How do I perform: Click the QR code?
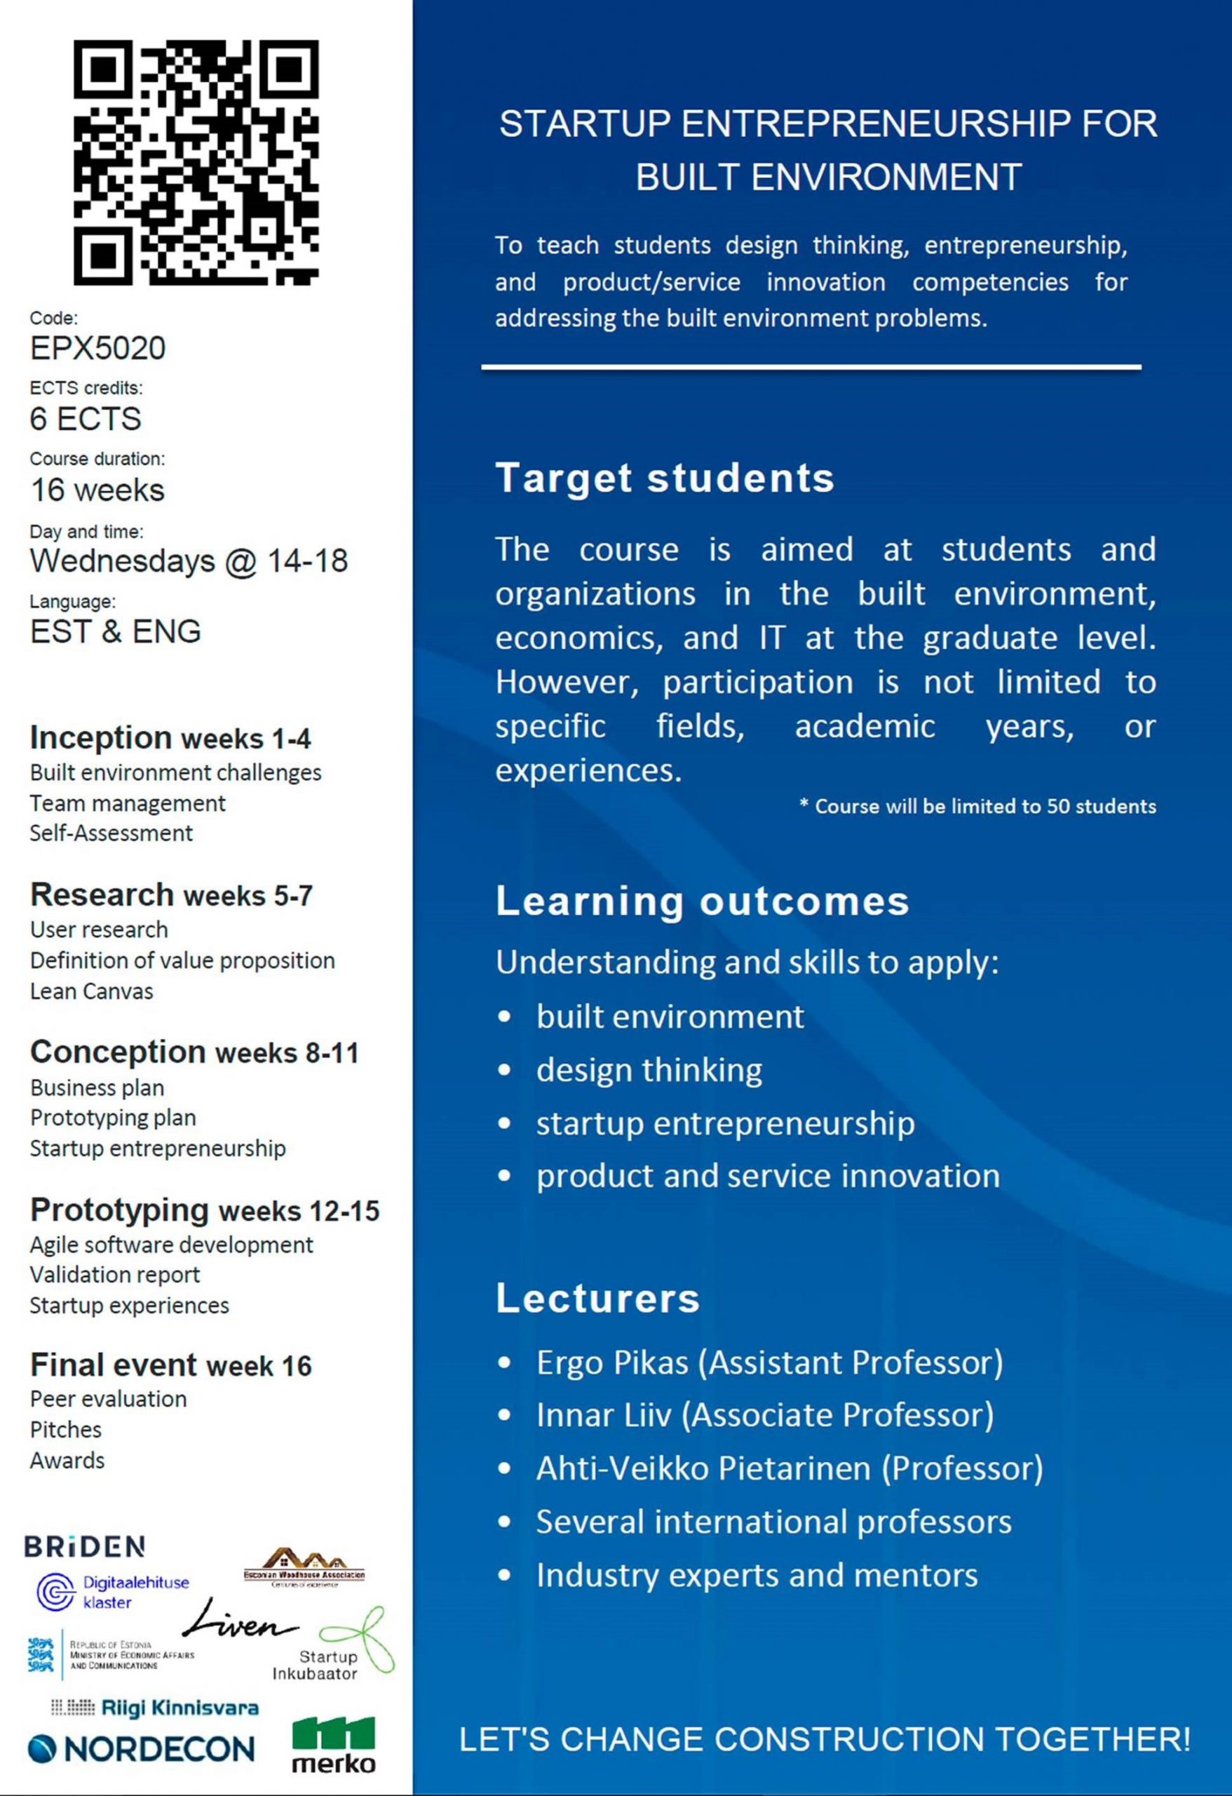[x=196, y=162]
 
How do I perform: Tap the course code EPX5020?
[x=97, y=349]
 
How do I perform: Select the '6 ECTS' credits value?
[x=85, y=419]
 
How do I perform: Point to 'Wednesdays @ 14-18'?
[x=189, y=561]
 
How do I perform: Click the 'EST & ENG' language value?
[x=115, y=631]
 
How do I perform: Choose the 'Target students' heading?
[x=664, y=478]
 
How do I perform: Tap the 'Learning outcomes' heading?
[x=702, y=900]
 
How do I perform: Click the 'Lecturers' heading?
[x=597, y=1298]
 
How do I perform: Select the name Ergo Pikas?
[x=611, y=1362]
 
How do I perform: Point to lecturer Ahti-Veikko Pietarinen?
[x=703, y=1468]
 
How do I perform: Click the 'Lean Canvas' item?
[x=91, y=991]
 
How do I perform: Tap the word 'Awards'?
[x=67, y=1460]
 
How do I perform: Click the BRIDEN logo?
[x=84, y=1546]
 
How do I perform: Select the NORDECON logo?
[x=140, y=1748]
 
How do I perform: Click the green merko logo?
[x=334, y=1745]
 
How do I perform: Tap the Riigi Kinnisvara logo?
[x=154, y=1708]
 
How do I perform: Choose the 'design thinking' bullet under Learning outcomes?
[x=649, y=1070]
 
